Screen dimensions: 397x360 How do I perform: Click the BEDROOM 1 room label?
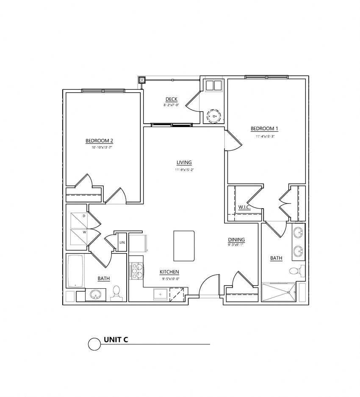[264, 129]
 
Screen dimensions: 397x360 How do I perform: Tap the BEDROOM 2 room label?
[99, 141]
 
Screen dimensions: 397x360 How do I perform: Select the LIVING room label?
[184, 163]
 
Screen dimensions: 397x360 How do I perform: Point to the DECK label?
[172, 99]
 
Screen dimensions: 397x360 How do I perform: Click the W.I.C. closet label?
[244, 207]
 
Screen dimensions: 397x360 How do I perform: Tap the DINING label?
[236, 240]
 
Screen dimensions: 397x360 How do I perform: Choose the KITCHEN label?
[169, 272]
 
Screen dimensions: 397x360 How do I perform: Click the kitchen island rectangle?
[184, 246]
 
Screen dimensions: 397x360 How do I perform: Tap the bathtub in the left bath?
[75, 271]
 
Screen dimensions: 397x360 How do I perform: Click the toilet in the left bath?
[117, 292]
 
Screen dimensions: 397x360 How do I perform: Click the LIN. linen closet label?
[122, 243]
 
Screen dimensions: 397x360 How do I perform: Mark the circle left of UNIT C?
[94, 344]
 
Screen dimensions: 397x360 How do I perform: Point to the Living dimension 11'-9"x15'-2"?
[184, 170]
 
